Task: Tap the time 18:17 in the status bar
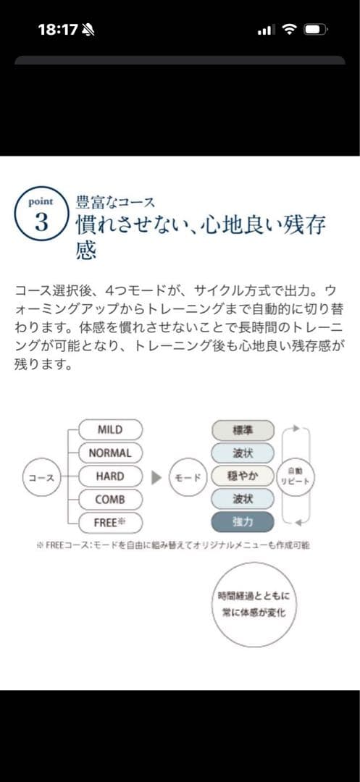tap(59, 30)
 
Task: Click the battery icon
tap(316, 30)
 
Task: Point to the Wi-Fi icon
tap(290, 30)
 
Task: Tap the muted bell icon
tap(89, 30)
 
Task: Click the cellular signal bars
tap(266, 30)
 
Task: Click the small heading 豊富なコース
tap(115, 203)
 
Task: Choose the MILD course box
tap(110, 430)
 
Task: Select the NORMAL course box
tap(110, 453)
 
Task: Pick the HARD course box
tap(110, 476)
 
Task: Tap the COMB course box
tap(110, 500)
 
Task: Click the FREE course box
tap(110, 523)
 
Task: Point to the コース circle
tap(41, 477)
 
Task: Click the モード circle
tap(188, 477)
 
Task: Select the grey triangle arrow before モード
tap(156, 477)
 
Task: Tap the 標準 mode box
tap(243, 431)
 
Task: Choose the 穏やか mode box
tap(243, 476)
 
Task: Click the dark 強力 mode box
tap(243, 522)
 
